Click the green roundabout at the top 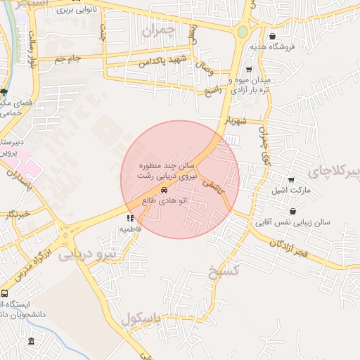243,32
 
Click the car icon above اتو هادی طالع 164,191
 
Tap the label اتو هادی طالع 159,201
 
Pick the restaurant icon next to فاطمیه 129,218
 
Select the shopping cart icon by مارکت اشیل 290,180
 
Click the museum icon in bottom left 31,342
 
